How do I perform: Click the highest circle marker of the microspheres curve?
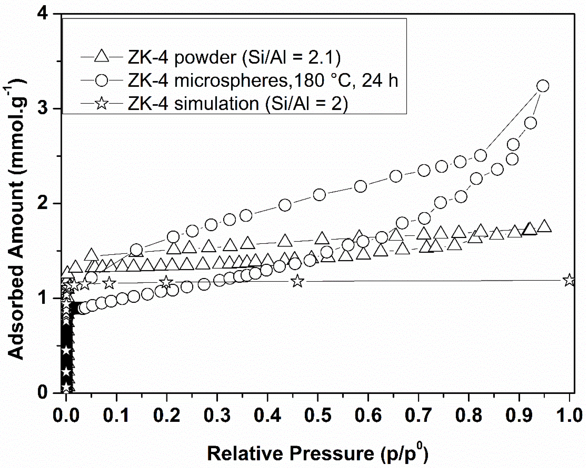[x=543, y=86]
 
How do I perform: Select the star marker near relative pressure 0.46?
[x=297, y=281]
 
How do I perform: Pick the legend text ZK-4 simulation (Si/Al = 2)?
[x=238, y=104]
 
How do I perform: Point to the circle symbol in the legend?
[x=102, y=80]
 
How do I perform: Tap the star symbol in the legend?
[x=102, y=103]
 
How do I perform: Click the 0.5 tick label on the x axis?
[x=318, y=415]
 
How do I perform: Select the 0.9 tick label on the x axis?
[x=519, y=415]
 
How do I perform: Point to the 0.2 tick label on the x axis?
[x=167, y=415]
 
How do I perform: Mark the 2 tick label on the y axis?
[x=43, y=203]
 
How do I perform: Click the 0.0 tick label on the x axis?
[x=66, y=415]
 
